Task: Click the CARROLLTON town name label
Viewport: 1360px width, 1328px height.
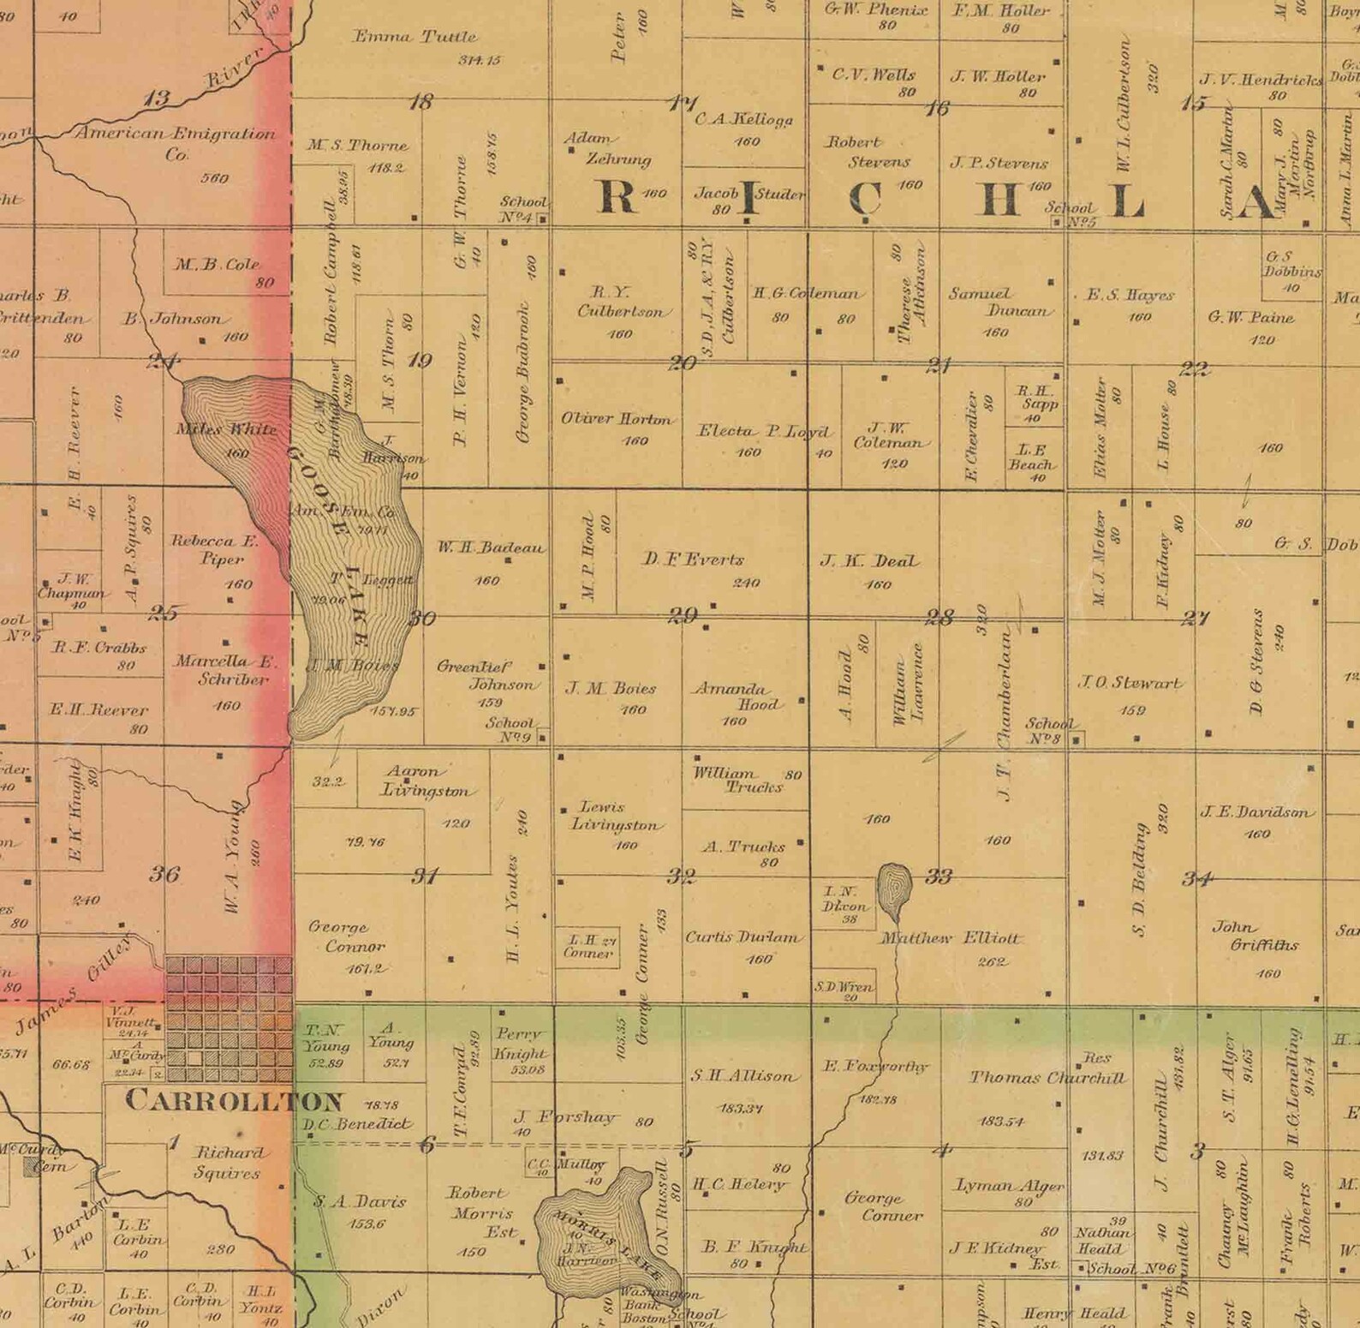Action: point(234,1101)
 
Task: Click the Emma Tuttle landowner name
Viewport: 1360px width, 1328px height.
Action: point(415,37)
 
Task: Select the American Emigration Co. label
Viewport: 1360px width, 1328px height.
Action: point(176,143)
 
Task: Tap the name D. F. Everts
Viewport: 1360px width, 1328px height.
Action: point(693,559)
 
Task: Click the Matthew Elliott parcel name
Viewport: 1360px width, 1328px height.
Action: point(951,938)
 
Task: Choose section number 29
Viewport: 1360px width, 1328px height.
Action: point(683,615)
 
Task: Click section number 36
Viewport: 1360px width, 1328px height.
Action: point(164,874)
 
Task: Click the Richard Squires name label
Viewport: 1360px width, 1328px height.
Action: point(228,1163)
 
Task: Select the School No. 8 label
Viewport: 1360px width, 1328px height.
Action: point(1049,731)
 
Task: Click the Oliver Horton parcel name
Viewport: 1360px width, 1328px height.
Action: point(616,419)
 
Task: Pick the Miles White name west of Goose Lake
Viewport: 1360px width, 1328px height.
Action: point(226,429)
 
